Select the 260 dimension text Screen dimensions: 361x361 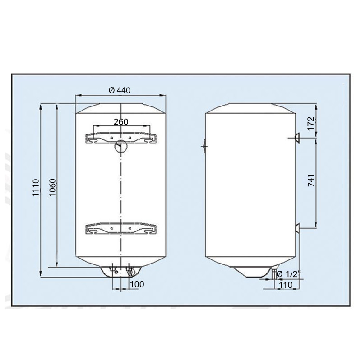[121, 121]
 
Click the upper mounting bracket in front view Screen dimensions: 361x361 [121, 137]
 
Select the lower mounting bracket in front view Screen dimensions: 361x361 [121, 229]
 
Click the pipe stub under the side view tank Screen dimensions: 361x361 [273, 273]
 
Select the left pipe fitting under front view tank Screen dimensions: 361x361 [113, 271]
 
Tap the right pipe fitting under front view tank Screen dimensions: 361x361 [130, 271]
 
